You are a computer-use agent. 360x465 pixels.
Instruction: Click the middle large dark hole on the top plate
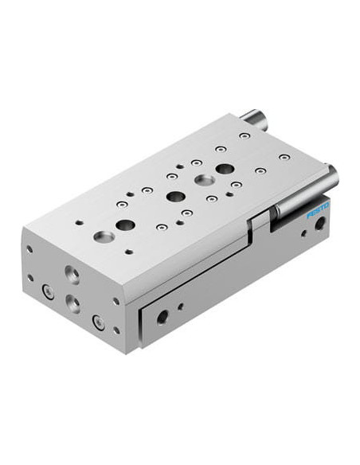[176, 196]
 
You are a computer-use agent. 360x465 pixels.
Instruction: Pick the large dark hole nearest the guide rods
[225, 169]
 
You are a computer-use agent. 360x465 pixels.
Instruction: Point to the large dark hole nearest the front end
[125, 225]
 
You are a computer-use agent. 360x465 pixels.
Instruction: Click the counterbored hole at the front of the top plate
[104, 236]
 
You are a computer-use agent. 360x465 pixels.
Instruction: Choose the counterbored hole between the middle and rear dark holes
[205, 180]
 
